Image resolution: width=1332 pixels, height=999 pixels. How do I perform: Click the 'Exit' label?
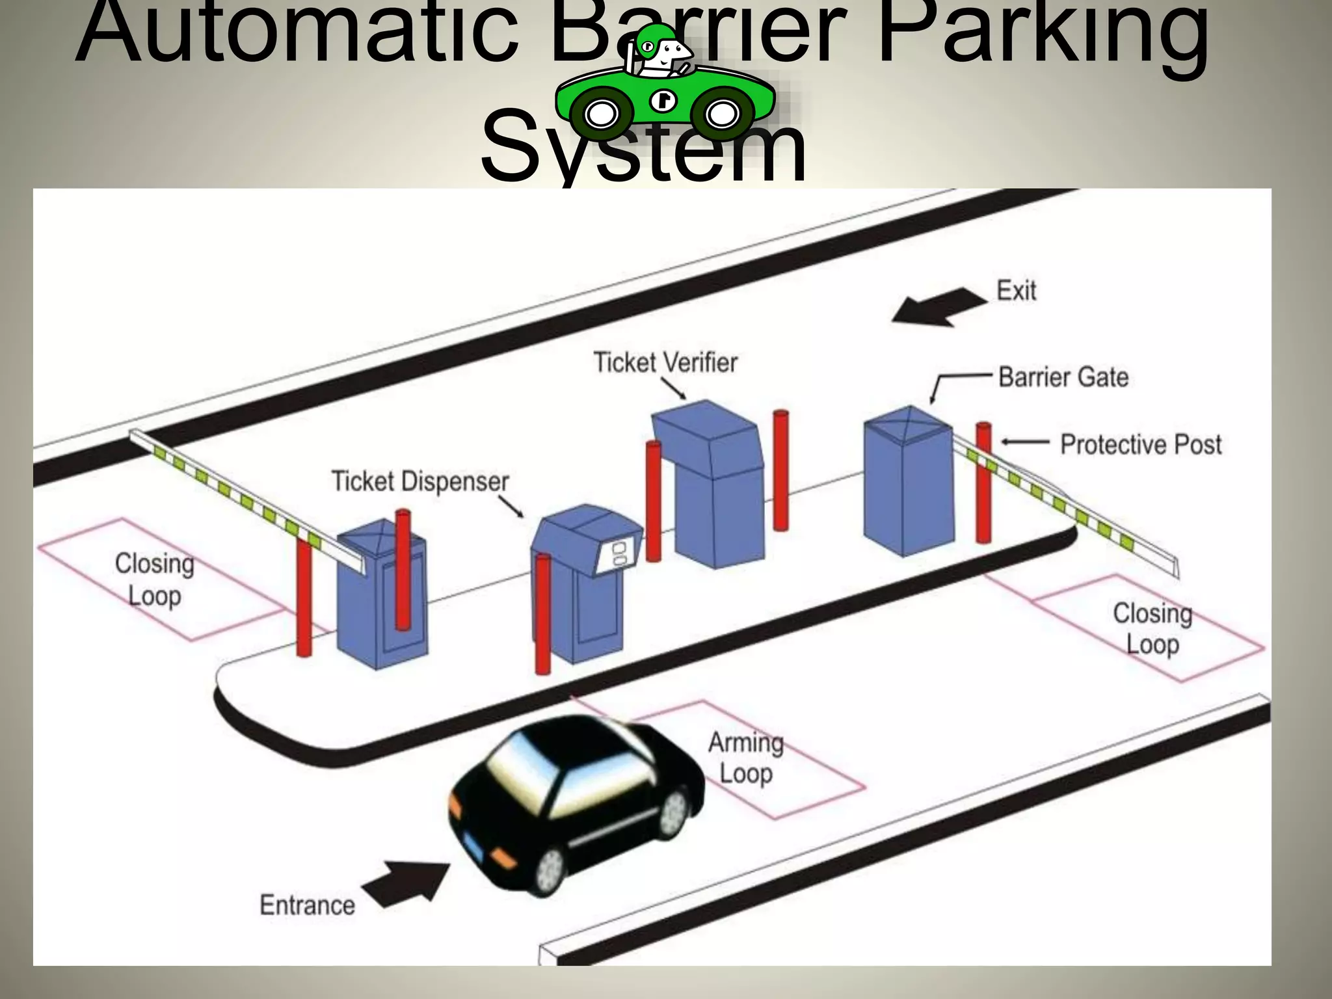(1016, 291)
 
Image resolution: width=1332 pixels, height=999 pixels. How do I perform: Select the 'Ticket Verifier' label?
(665, 362)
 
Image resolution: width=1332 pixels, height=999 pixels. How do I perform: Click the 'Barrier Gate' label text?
(1063, 377)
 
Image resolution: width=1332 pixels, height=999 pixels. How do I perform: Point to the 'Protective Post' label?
(1141, 445)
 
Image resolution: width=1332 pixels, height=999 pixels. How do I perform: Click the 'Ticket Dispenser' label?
(420, 481)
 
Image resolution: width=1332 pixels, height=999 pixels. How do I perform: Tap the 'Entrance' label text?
(307, 905)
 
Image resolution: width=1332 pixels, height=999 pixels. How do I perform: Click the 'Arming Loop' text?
(746, 758)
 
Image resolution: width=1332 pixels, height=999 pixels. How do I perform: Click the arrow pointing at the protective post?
(1025, 442)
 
